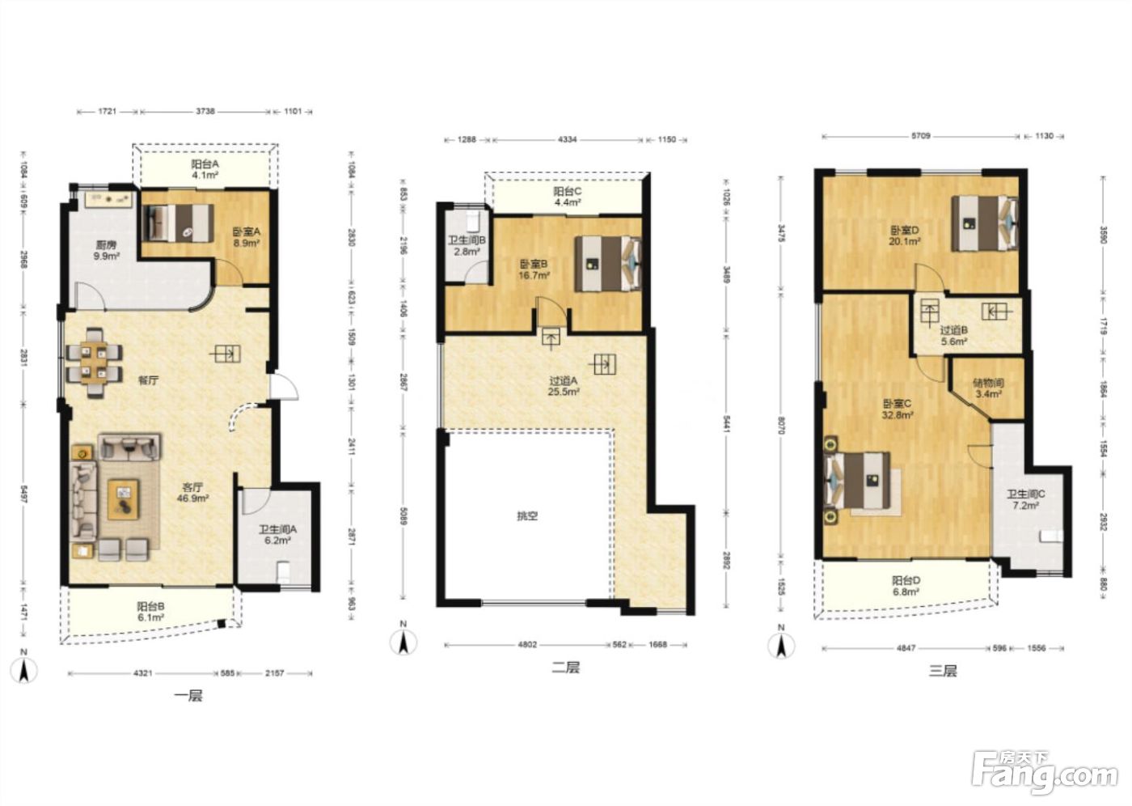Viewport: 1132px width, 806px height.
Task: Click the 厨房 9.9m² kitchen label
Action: point(107,250)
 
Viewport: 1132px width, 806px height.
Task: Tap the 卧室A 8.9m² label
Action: point(246,237)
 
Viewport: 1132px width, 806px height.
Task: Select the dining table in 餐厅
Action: point(95,363)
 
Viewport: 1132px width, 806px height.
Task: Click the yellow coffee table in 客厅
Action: point(123,499)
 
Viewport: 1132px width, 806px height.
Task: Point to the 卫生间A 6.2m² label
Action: point(277,535)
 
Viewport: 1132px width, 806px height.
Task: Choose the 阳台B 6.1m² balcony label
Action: point(150,612)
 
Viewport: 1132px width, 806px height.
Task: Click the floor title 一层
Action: point(188,696)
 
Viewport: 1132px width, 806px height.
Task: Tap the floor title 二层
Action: point(565,668)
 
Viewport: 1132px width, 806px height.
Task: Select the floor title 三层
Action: point(943,671)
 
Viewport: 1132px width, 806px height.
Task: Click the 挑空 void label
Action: point(527,516)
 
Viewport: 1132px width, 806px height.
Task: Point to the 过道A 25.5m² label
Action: point(564,386)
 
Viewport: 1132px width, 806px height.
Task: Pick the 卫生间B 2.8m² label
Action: point(467,246)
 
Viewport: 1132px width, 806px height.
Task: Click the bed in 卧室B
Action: point(608,264)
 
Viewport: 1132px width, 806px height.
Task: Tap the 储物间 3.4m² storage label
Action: point(988,388)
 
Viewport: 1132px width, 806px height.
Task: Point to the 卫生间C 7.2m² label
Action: point(1025,499)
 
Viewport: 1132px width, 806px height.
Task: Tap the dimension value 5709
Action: point(921,136)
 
